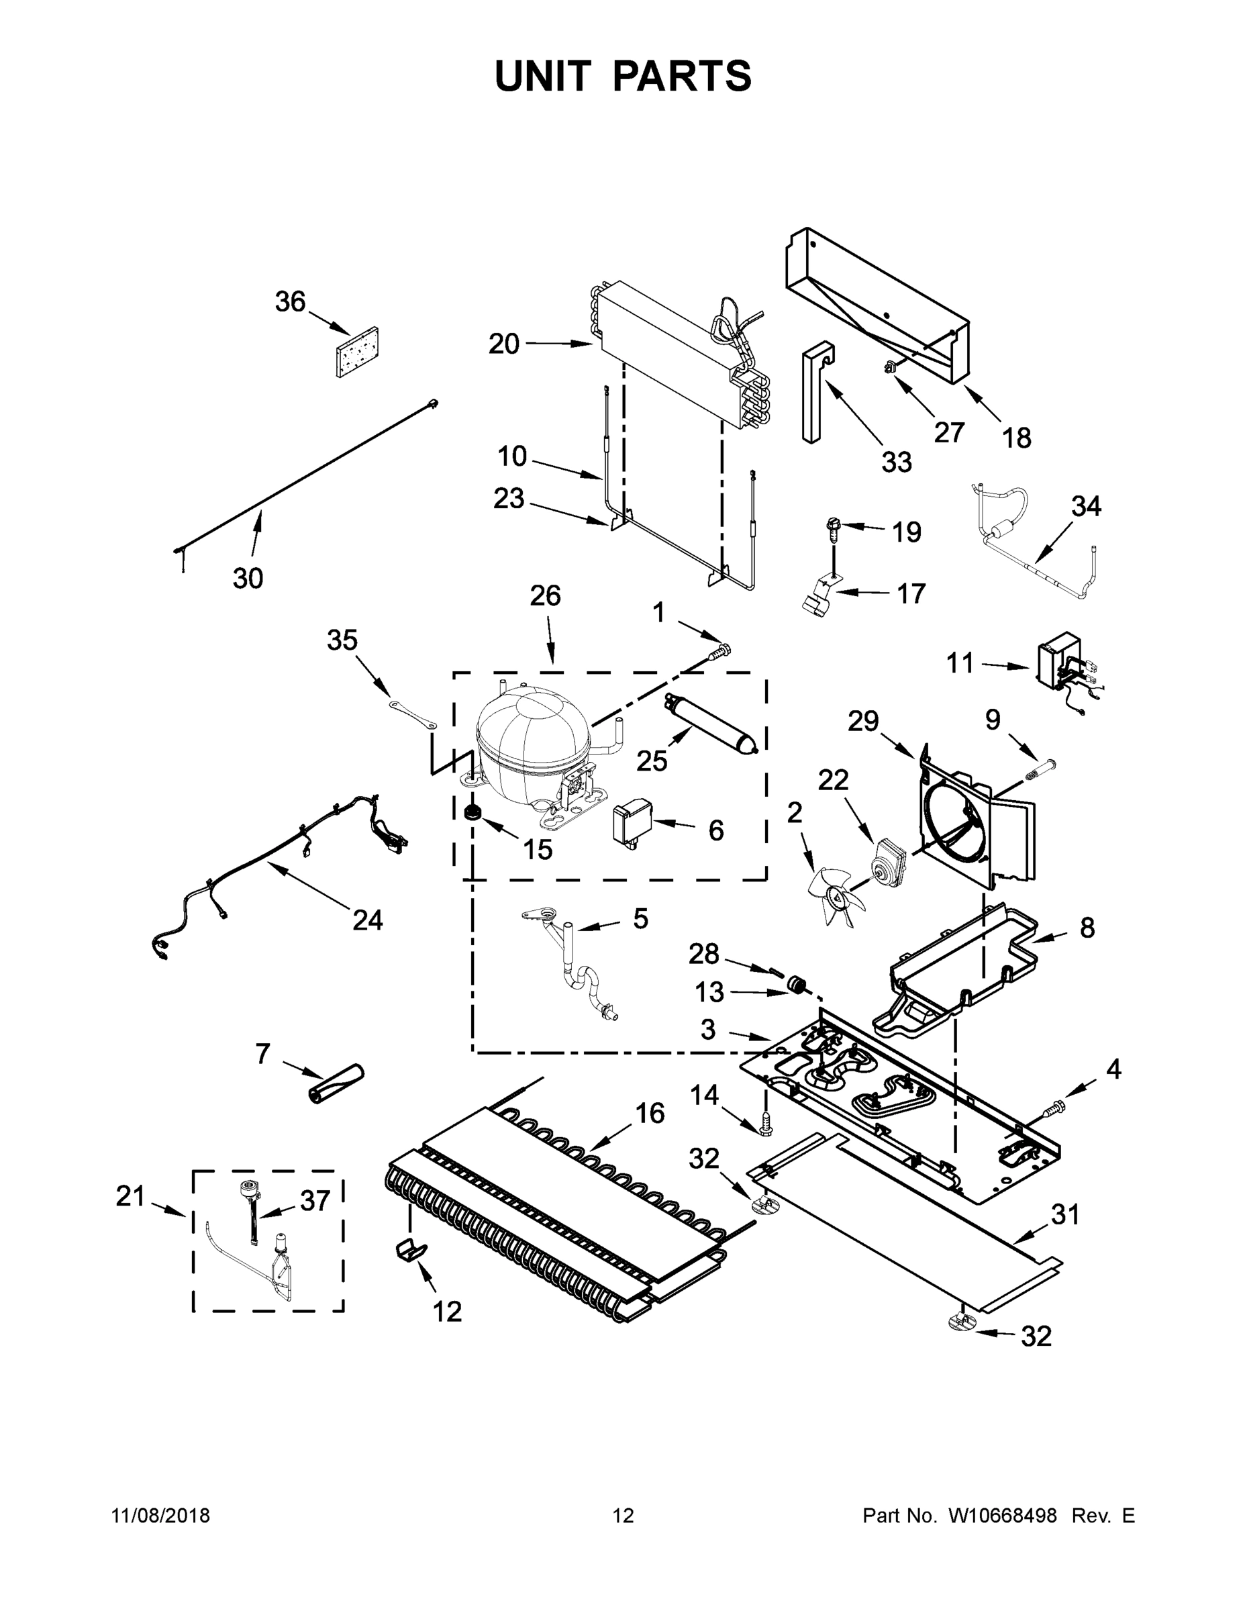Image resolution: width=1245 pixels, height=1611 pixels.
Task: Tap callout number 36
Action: point(290,301)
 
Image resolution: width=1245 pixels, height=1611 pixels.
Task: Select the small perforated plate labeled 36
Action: point(357,352)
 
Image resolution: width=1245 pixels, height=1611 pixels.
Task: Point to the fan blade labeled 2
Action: point(837,895)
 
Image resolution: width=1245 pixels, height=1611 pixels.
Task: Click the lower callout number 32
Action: point(1036,1336)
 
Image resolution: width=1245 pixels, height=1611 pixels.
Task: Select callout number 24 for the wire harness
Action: point(367,920)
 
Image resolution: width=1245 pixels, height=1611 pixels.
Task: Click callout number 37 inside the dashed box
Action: point(315,1202)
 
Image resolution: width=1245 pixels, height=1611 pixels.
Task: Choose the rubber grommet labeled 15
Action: point(472,812)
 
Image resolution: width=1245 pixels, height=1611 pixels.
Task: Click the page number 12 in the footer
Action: point(624,1515)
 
